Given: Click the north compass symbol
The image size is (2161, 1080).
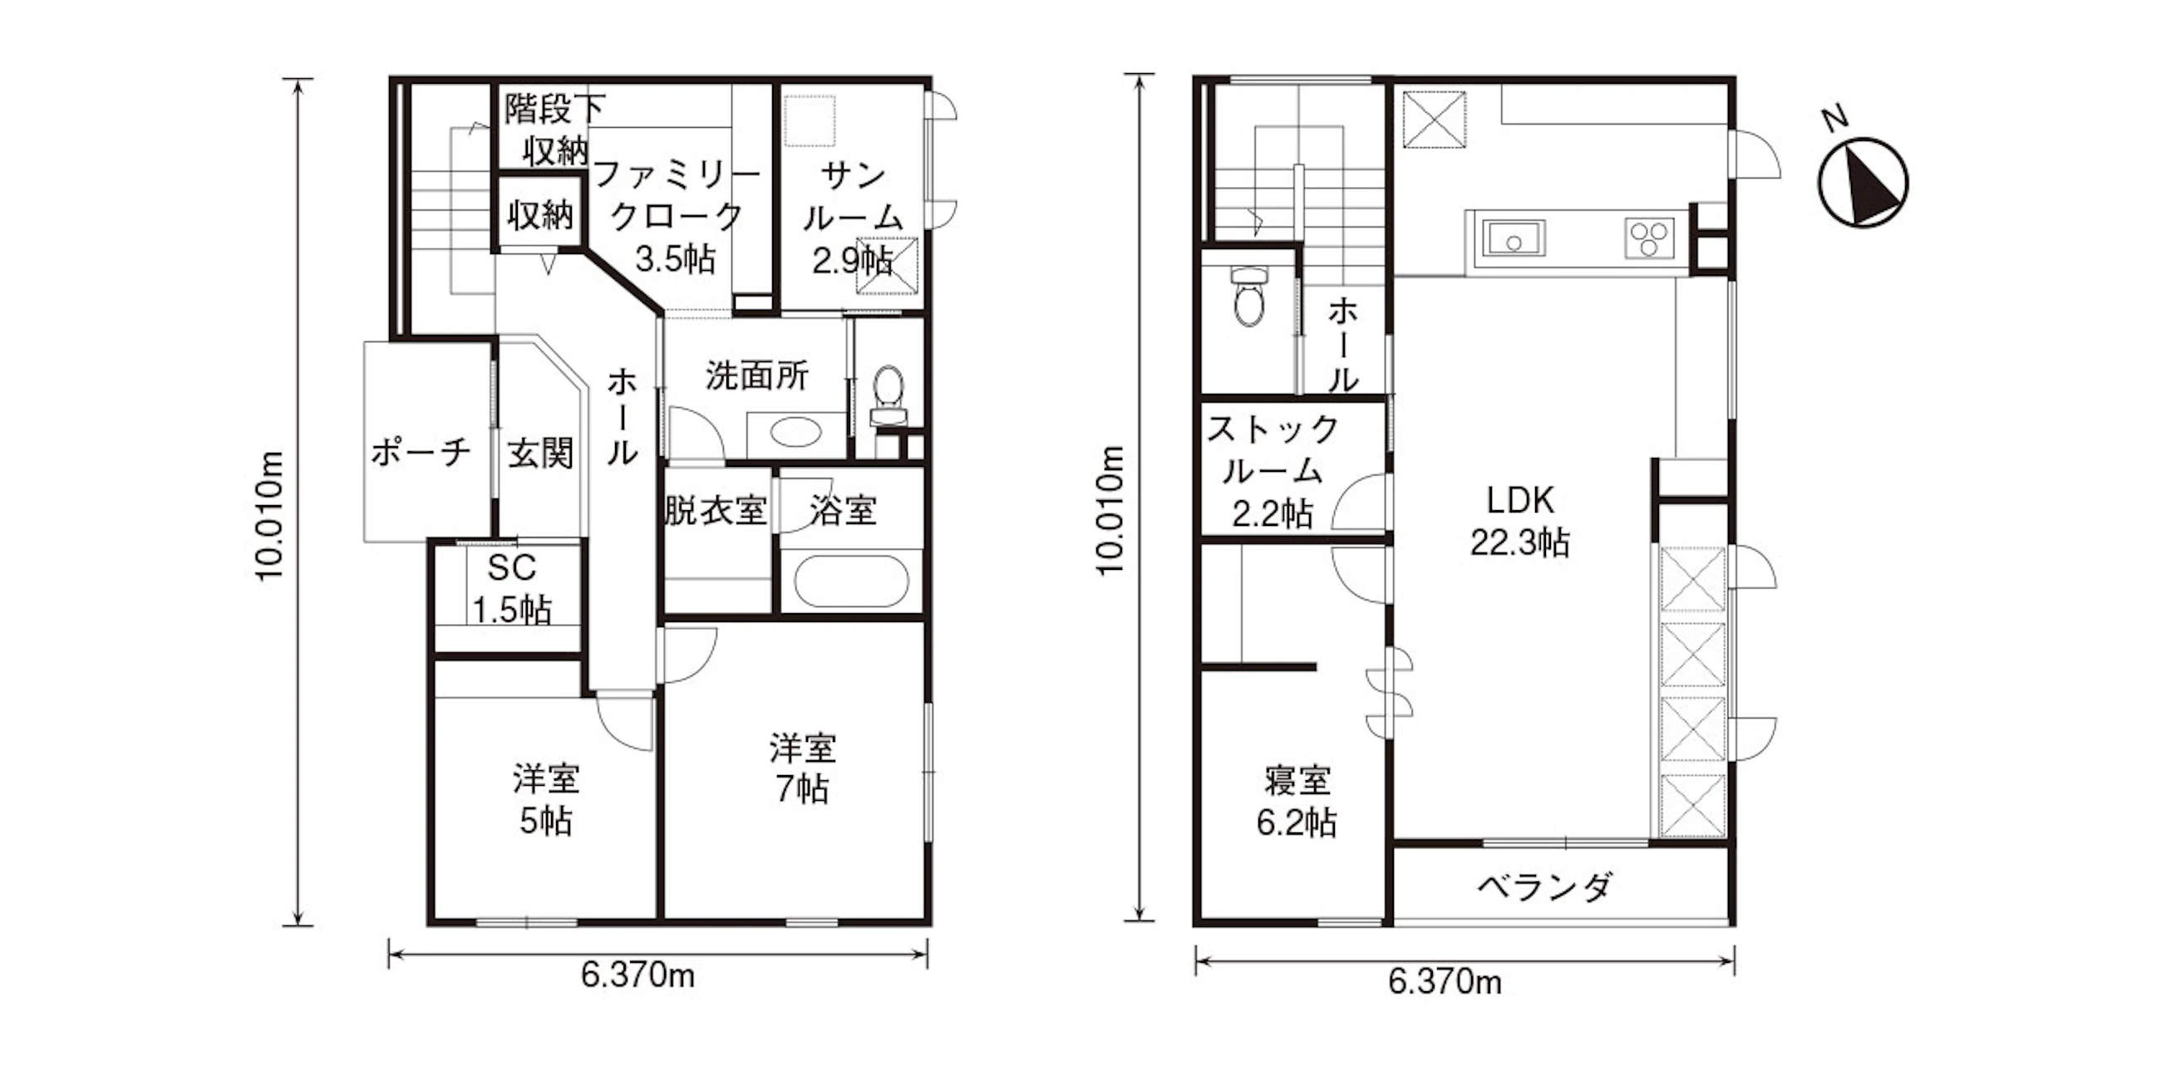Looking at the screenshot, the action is click(x=1863, y=181).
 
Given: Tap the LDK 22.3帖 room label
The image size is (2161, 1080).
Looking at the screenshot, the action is click(x=1519, y=522).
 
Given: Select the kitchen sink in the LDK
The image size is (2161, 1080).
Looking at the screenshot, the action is click(x=1514, y=239).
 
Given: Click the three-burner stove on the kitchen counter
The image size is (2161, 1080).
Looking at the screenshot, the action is click(x=1649, y=238).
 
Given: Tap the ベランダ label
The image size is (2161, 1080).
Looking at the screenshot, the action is click(x=1544, y=886).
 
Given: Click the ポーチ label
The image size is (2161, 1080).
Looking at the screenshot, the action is click(x=421, y=453).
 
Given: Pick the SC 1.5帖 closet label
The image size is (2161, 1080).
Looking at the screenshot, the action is click(x=512, y=589).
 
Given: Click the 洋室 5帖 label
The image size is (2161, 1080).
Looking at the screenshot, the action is click(x=546, y=800).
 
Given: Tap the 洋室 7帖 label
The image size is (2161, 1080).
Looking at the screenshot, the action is click(x=803, y=768).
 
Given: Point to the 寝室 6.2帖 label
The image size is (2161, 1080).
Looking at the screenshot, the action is click(x=1297, y=802).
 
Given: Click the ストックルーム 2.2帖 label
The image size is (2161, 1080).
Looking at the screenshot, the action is click(x=1272, y=471).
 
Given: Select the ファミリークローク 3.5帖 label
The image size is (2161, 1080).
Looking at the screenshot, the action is click(x=675, y=216).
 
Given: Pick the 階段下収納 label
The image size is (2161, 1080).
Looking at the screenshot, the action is click(x=554, y=129).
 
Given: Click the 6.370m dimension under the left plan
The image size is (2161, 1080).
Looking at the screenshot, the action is click(x=637, y=975).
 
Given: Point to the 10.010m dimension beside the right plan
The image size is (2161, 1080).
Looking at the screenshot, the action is click(x=1111, y=510).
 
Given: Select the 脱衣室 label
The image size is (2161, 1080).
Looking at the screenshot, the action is click(x=716, y=510).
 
